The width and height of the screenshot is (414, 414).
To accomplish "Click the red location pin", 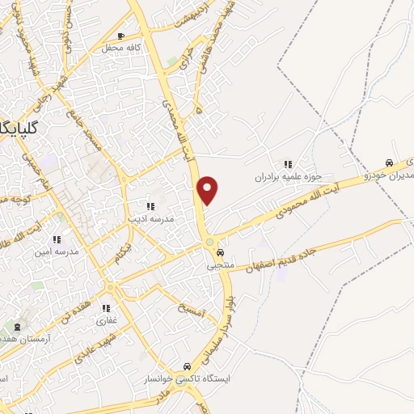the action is pos(209,189).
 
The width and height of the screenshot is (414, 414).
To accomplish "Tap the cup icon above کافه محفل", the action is pos(120,36).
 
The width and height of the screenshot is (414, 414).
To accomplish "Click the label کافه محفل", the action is pos(121,48).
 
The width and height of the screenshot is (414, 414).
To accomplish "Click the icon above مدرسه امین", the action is pos(57,239).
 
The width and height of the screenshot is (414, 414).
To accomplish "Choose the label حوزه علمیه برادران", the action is pos(289,175).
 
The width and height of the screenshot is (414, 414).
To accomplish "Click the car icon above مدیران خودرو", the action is pos(390,161).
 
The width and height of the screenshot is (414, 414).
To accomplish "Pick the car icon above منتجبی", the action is pos(220,252).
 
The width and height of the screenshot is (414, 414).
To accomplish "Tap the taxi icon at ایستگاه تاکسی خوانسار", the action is pos(188,365).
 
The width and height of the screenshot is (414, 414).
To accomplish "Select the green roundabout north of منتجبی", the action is pos(209,243).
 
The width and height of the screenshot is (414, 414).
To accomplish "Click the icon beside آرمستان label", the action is pos(18,327).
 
